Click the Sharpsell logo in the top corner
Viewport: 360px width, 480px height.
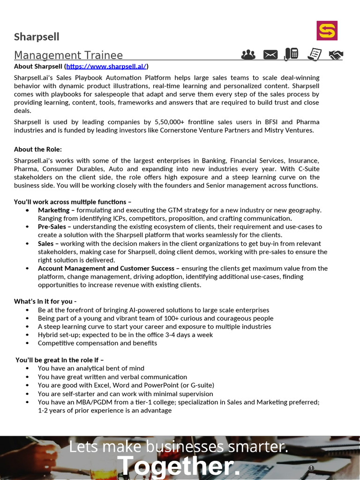327,30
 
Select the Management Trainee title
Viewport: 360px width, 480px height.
68,55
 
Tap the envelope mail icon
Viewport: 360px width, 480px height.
270,55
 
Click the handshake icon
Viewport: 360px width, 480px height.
335,55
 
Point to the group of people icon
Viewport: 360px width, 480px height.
248,55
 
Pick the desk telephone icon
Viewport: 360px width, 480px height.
292,54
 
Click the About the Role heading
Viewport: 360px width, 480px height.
37,150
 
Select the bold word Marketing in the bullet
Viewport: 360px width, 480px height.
53,210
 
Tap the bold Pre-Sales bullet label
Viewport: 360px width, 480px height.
52,227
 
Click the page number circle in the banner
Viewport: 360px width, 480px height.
311,468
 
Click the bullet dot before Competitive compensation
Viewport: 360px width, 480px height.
28,343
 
